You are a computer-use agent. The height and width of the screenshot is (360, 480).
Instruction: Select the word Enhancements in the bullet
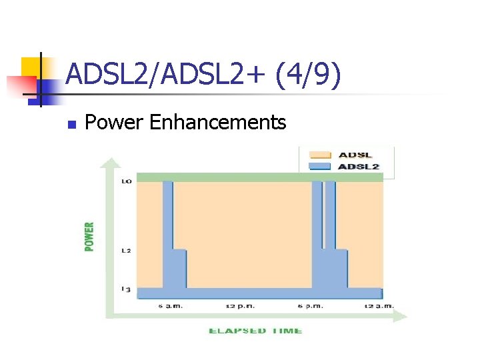[x=218, y=123]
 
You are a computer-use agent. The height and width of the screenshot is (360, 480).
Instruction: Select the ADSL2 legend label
[x=359, y=166]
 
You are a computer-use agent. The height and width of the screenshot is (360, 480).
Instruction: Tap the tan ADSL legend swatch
[x=319, y=155]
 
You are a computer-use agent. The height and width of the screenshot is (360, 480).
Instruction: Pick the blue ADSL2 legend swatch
[x=319, y=166]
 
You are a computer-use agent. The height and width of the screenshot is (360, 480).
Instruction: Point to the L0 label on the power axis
[x=126, y=181]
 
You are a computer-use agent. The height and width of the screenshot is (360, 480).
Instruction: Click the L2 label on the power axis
[x=126, y=251]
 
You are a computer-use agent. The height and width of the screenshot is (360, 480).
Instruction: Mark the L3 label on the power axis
[x=126, y=289]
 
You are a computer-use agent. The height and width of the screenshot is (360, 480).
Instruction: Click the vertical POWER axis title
[x=89, y=237]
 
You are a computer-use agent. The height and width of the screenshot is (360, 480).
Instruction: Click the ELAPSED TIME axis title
[x=255, y=330]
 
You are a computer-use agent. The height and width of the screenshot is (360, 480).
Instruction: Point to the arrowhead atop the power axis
[x=113, y=162]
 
